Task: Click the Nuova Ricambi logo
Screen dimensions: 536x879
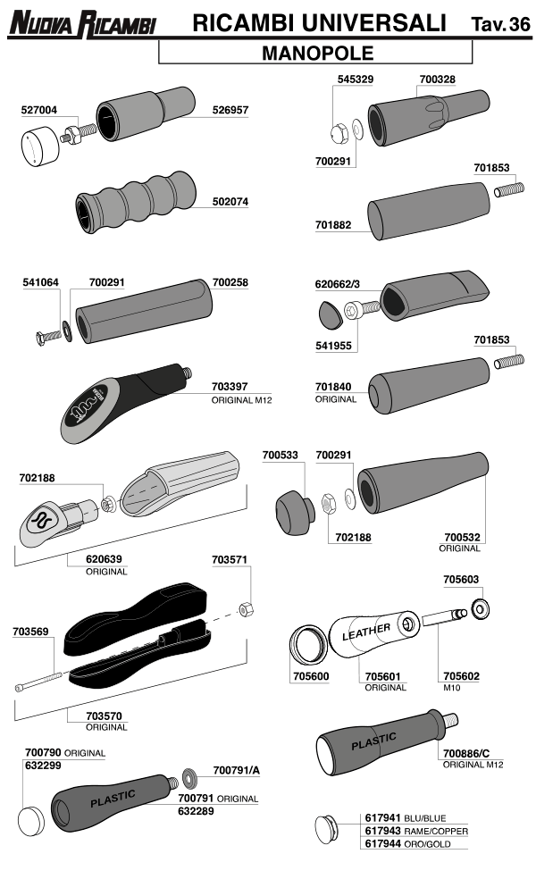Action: click(82, 24)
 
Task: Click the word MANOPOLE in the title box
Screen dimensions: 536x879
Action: click(317, 54)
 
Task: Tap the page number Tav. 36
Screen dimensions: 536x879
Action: click(500, 24)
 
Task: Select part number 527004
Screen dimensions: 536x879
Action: click(39, 110)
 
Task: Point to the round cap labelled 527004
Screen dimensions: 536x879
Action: click(40, 146)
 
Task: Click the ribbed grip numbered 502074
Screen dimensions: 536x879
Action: click(137, 203)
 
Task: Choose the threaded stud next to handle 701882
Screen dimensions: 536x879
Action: click(509, 189)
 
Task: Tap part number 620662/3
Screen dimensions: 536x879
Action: click(337, 284)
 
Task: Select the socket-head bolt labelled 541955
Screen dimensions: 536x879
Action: click(362, 309)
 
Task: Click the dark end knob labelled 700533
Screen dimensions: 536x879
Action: click(295, 513)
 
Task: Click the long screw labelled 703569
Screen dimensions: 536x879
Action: click(38, 682)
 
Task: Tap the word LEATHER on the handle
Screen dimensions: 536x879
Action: click(366, 632)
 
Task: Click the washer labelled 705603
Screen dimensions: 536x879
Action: click(481, 609)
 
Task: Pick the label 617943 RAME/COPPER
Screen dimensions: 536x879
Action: click(416, 831)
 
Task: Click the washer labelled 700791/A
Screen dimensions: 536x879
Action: click(190, 777)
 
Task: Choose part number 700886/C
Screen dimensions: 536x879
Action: click(466, 753)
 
